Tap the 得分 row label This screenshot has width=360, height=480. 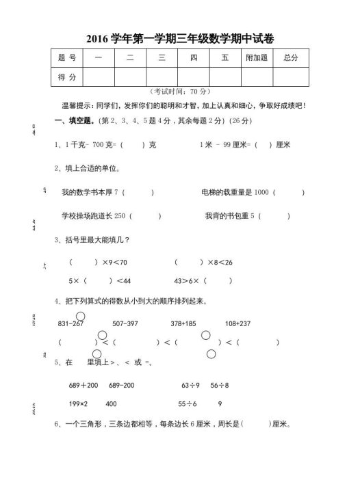(67, 79)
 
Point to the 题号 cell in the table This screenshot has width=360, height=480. (67, 59)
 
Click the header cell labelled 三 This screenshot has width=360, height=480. (162, 59)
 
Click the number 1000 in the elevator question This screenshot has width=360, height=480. (261, 193)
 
